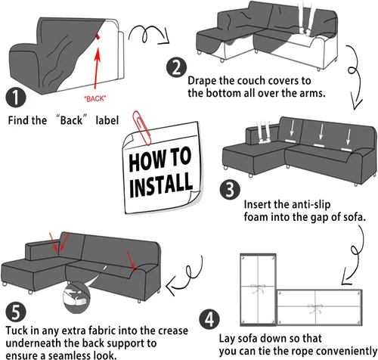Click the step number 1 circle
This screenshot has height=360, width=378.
[16, 98]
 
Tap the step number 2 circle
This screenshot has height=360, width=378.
[176, 67]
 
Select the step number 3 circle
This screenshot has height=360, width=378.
[230, 189]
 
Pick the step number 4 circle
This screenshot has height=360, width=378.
[209, 319]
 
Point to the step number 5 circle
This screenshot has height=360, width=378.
[16, 312]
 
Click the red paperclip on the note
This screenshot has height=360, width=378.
[141, 128]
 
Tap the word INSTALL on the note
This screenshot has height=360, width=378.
[161, 185]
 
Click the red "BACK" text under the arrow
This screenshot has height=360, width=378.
[94, 98]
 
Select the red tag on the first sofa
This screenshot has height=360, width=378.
[98, 37]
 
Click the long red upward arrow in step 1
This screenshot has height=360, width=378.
[96, 68]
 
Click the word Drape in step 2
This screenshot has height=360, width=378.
[202, 81]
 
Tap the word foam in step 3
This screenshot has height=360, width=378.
[256, 216]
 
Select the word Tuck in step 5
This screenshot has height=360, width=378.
[17, 331]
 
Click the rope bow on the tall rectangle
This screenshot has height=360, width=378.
[259, 288]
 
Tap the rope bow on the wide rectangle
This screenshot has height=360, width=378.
[315, 308]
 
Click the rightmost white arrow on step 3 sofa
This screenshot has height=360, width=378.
[349, 137]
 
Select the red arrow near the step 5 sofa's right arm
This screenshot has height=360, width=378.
[131, 260]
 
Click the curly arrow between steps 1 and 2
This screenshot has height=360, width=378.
[148, 34]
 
